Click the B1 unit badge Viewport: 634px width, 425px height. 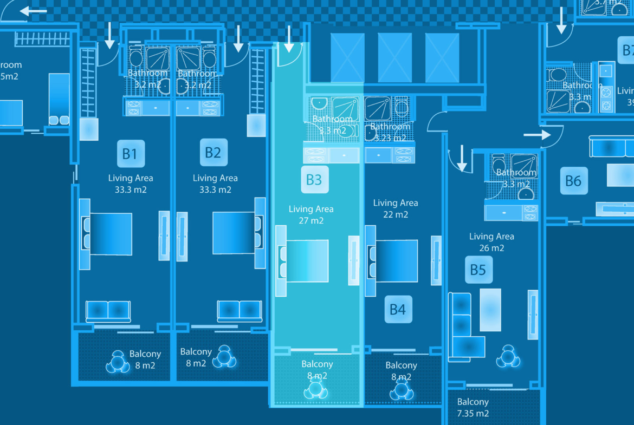click(x=130, y=154)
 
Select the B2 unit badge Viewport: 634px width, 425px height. click(x=213, y=153)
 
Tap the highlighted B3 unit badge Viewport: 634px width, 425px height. click(x=314, y=180)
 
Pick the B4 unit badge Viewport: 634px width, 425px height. click(x=398, y=309)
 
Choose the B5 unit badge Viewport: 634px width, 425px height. click(x=478, y=269)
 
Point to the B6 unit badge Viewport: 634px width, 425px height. click(x=573, y=180)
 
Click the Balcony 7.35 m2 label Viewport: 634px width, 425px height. click(x=473, y=408)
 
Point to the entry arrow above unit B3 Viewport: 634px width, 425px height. click(x=289, y=38)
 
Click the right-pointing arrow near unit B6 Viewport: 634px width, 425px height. click(x=536, y=135)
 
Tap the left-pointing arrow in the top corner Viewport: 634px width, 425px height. click(x=34, y=11)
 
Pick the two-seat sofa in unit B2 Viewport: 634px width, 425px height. click(x=240, y=310)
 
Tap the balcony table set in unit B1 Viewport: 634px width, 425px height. click(x=118, y=362)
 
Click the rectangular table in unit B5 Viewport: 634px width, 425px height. click(x=490, y=310)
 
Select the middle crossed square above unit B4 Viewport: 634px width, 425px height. click(x=394, y=57)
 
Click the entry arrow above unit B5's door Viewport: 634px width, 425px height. click(x=462, y=158)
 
